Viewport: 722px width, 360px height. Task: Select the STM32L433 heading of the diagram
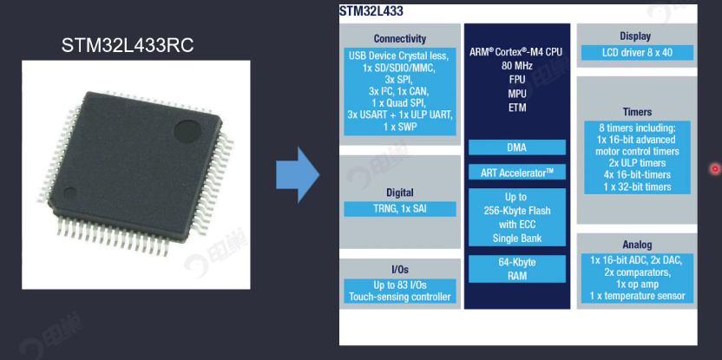tap(371, 11)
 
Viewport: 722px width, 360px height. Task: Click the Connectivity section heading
tap(399, 39)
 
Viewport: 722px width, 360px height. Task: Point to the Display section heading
tap(635, 36)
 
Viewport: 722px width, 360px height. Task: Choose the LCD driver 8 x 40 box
tap(636, 53)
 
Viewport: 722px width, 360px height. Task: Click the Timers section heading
tap(637, 112)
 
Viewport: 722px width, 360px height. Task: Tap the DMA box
tap(516, 147)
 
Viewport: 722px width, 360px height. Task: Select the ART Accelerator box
tap(516, 172)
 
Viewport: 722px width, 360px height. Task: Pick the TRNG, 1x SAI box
tap(399, 209)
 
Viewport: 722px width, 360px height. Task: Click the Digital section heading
tap(399, 193)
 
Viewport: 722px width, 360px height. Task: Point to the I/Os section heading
tap(399, 269)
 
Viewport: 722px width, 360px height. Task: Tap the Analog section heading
tap(637, 245)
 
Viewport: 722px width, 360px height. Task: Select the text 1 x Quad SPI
tap(399, 102)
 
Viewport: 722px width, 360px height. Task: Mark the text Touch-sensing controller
tap(399, 297)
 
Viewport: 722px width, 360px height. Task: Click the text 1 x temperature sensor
tap(637, 296)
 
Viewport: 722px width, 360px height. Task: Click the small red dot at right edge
tap(715, 168)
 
